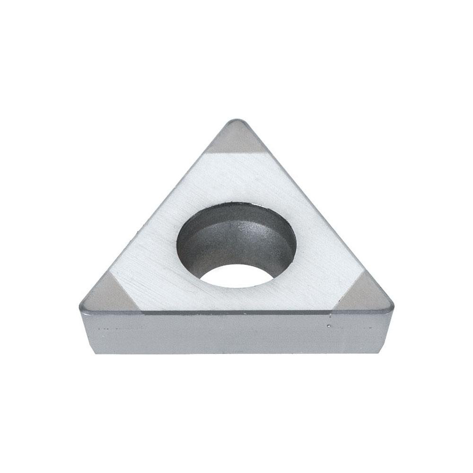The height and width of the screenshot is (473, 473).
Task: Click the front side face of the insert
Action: (x=236, y=333)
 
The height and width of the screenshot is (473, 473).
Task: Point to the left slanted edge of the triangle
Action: (x=156, y=213)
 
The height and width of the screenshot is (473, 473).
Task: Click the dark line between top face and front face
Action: (x=236, y=313)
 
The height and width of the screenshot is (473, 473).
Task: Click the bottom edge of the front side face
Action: (x=236, y=354)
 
